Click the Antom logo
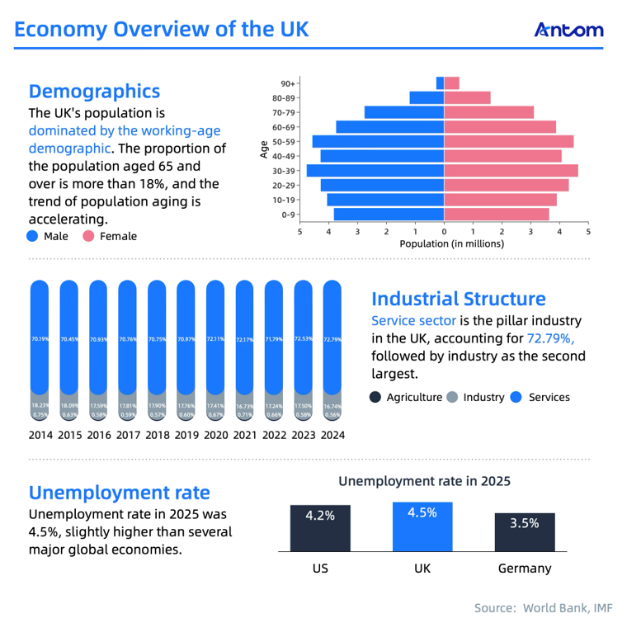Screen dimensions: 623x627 (568, 30)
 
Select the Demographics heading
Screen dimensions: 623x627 (94, 91)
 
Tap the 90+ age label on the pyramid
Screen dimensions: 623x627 (288, 83)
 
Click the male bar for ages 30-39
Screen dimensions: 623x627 (375, 171)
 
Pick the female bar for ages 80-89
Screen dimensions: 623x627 (467, 98)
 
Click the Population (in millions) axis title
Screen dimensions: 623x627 (451, 244)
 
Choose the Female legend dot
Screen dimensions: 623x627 (89, 236)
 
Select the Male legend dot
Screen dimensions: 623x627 (33, 236)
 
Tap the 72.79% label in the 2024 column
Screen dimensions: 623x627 (332, 339)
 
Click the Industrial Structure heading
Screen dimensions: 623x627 (458, 299)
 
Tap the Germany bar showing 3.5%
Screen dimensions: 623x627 (525, 532)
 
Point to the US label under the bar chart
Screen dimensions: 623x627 (320, 569)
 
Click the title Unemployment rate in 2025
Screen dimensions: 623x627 (424, 481)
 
